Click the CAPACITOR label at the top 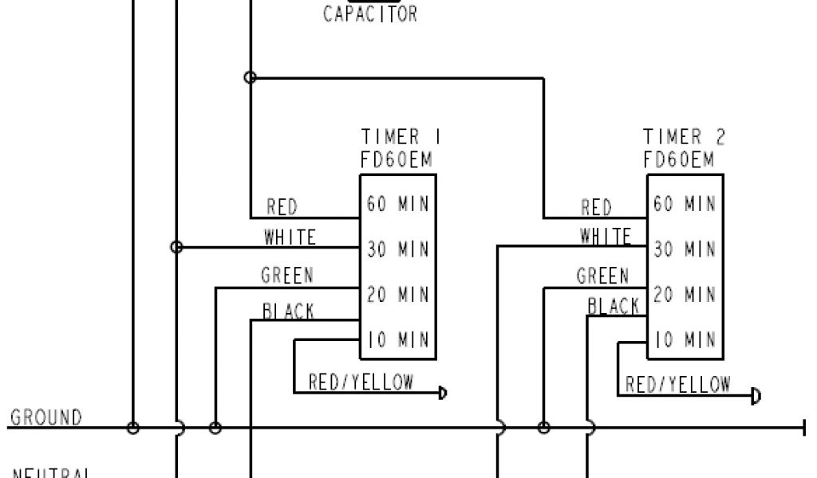tap(369, 14)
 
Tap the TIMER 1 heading tap(401, 137)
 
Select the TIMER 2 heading tap(685, 137)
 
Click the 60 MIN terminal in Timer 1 tap(398, 204)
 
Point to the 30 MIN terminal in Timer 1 tap(398, 249)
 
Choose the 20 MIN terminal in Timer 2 tap(685, 295)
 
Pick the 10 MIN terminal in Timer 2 tap(685, 340)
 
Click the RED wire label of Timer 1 tap(282, 208)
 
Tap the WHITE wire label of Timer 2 tap(606, 236)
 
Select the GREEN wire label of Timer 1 tap(287, 276)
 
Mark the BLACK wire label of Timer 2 tap(614, 306)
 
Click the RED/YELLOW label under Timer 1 tap(361, 382)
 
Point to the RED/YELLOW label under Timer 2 tap(677, 386)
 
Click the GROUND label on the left tap(46, 417)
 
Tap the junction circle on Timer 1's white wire tap(177, 248)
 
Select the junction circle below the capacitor tap(250, 77)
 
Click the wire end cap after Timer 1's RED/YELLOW tap(442, 393)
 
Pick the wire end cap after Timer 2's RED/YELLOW tap(756, 396)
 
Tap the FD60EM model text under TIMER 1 tap(396, 160)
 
